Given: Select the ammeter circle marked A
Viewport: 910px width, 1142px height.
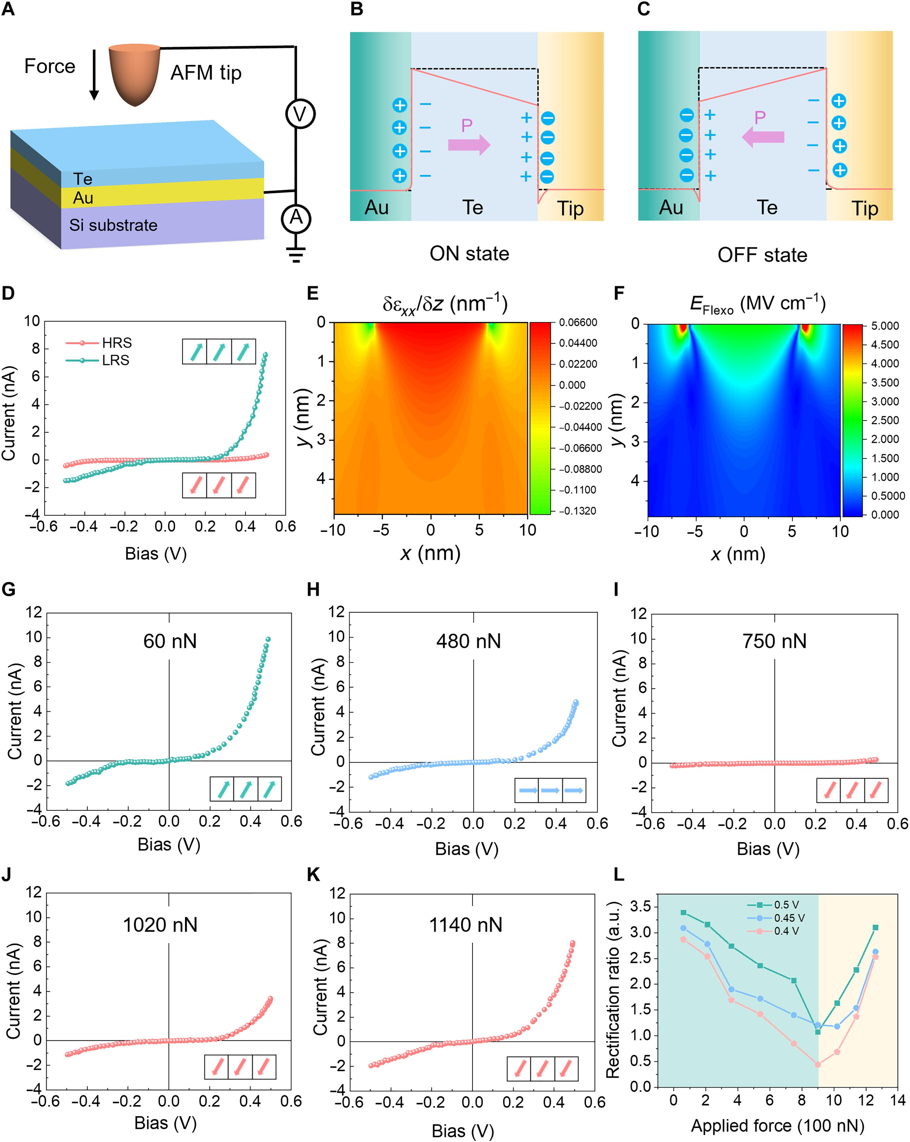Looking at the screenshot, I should coord(295,218).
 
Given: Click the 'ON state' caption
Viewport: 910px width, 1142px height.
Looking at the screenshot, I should coord(469,254).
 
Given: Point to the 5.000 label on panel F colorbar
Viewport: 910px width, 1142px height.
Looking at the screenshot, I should coord(884,326).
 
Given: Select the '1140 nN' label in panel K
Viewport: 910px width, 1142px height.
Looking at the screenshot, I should coord(465,925).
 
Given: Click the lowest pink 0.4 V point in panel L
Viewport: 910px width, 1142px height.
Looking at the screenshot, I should coord(818,1064).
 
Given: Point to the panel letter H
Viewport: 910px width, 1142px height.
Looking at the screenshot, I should coord(313,589).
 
